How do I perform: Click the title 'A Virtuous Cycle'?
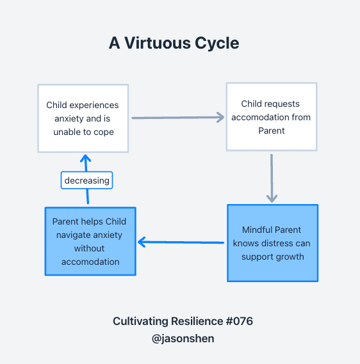pos(174,44)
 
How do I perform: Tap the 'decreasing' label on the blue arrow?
pos(86,180)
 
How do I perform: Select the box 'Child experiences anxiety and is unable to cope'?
pos(83,118)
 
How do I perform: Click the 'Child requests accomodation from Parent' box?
pos(272,117)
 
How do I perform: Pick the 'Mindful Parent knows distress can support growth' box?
pos(273,243)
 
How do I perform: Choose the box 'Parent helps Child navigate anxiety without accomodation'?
pos(90,241)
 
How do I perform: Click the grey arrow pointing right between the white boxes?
pos(178,118)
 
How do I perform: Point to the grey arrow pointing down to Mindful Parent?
pos(272,178)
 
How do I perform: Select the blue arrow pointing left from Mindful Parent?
pos(181,242)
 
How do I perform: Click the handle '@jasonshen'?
pos(183,338)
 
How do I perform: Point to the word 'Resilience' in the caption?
pos(197,321)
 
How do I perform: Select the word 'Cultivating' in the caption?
pos(141,322)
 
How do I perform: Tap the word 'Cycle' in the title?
pos(217,44)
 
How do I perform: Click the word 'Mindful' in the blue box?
pos(254,230)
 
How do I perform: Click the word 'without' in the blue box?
pos(89,248)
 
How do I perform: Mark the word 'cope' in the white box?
pos(104,132)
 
